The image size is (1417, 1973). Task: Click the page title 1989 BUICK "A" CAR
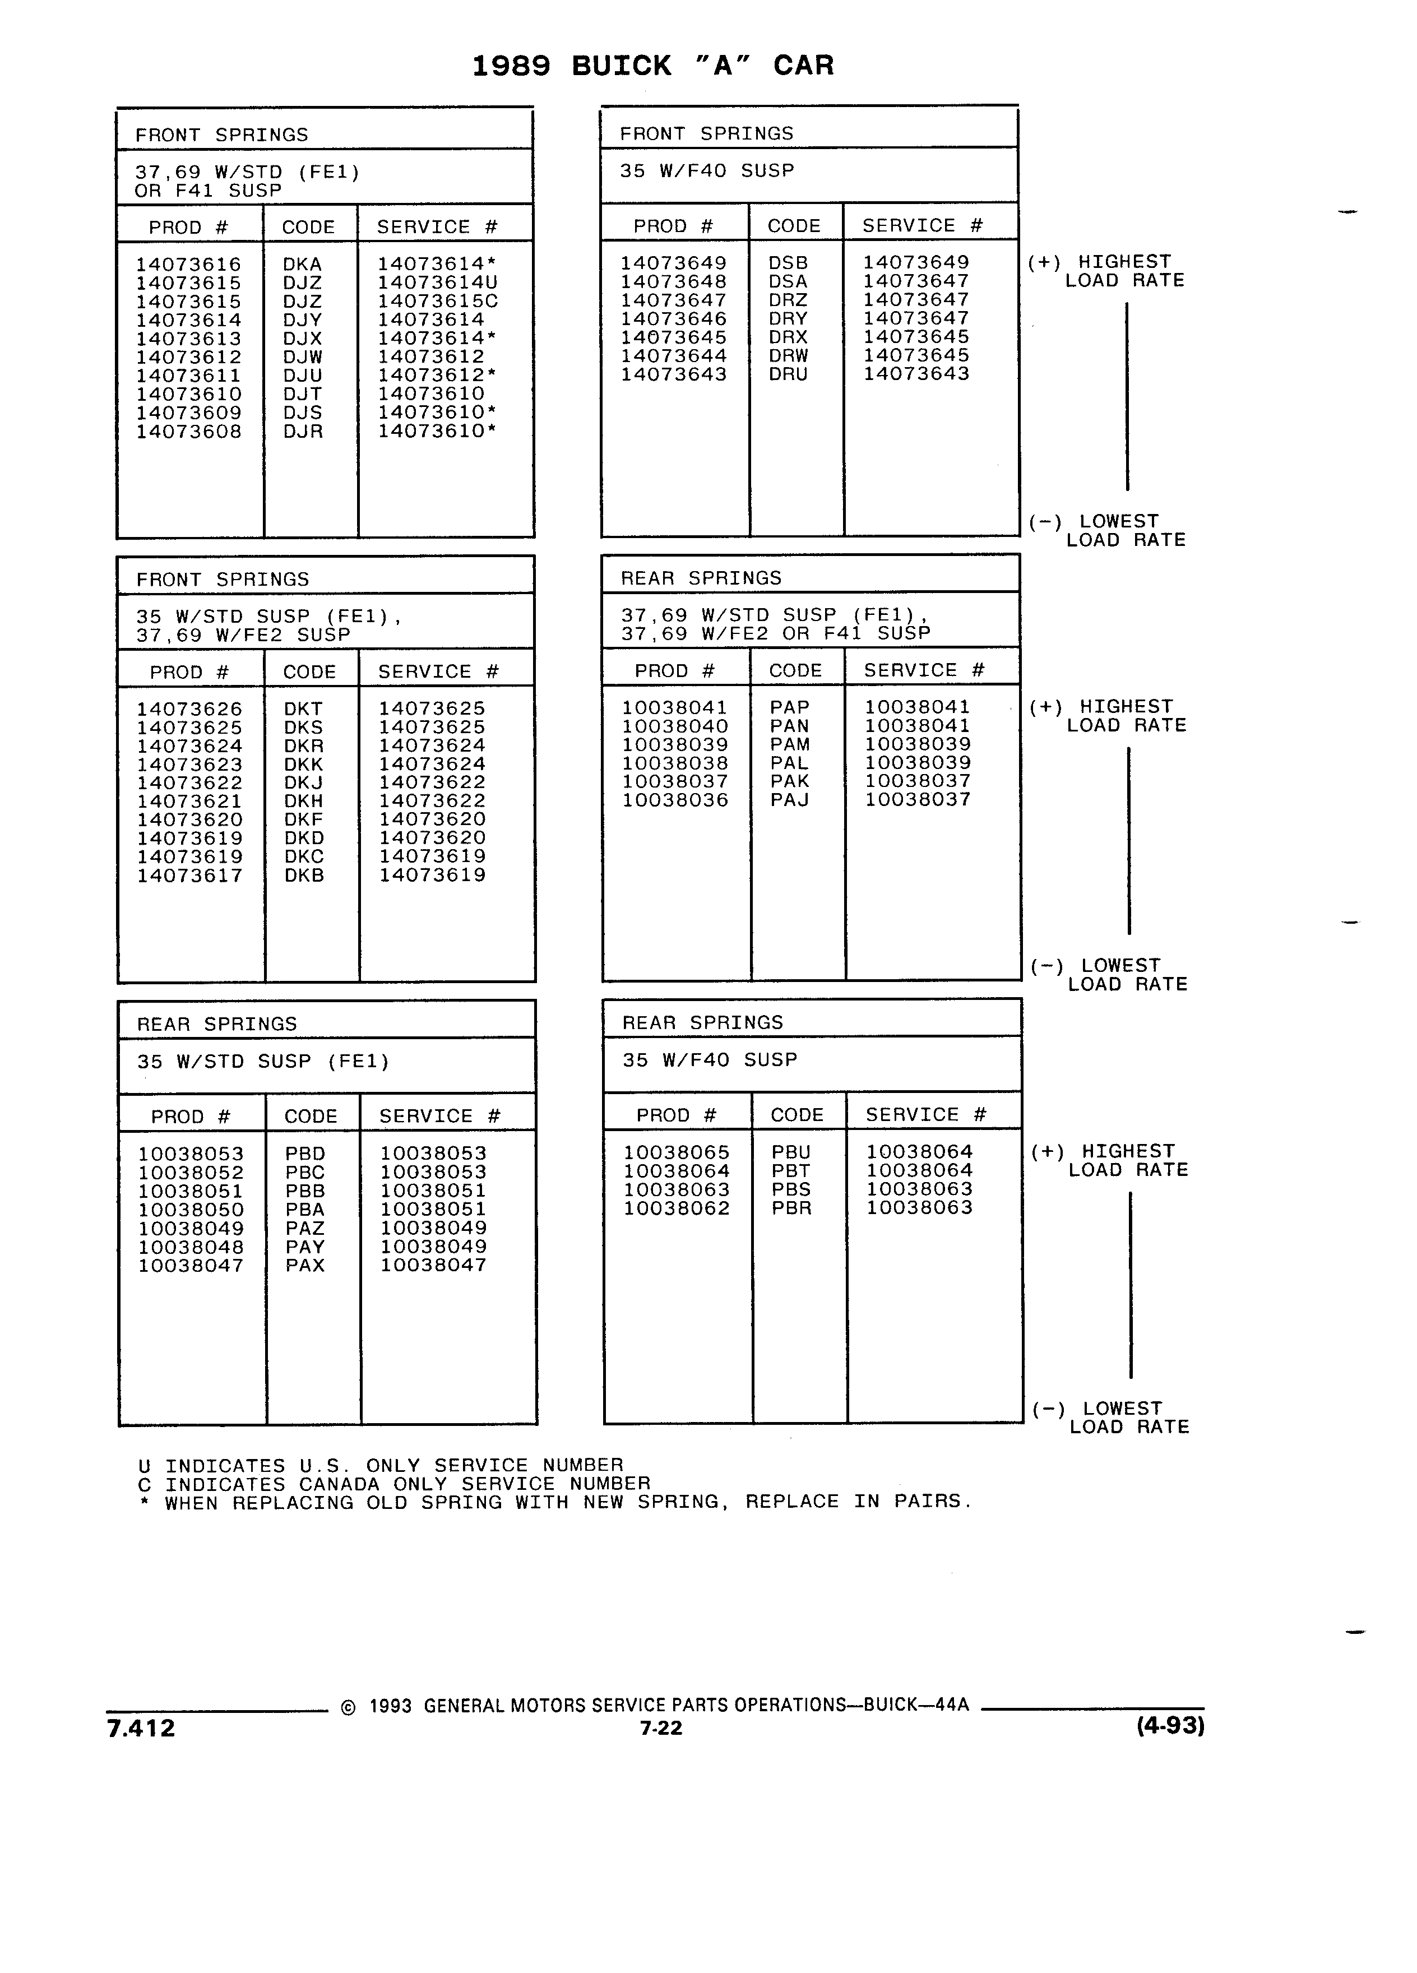coord(652,65)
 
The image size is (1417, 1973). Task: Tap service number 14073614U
coord(438,282)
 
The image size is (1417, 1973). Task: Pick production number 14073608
coord(189,432)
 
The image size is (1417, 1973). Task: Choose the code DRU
coord(788,374)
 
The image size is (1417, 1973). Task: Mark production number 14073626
coord(189,709)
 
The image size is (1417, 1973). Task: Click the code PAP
coord(790,707)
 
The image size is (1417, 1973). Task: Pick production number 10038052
coord(191,1173)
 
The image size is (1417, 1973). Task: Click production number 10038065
coord(677,1152)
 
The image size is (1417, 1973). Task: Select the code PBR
coord(791,1208)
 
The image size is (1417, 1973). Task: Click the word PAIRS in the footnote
coord(931,1502)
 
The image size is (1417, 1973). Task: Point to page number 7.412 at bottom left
coord(141,1729)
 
